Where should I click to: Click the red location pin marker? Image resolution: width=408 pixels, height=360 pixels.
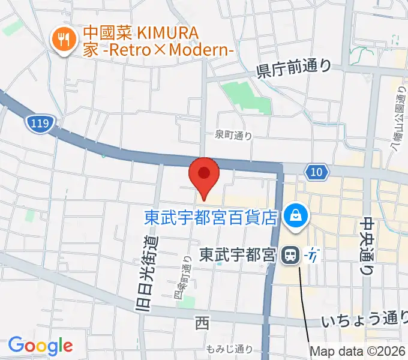pyautogui.click(x=204, y=175)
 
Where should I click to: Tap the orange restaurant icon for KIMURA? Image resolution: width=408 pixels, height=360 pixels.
pyautogui.click(x=62, y=40)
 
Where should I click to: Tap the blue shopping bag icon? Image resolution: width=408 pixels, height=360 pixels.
pyautogui.click(x=296, y=214)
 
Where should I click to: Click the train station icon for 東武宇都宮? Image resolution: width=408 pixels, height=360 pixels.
pyautogui.click(x=290, y=255)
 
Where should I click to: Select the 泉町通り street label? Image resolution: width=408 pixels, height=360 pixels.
pyautogui.click(x=234, y=136)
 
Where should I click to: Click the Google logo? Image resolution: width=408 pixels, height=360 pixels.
pyautogui.click(x=40, y=346)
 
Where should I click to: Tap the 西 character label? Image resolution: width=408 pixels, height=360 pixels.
pyautogui.click(x=202, y=325)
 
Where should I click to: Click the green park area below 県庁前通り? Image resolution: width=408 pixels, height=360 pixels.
pyautogui.click(x=244, y=96)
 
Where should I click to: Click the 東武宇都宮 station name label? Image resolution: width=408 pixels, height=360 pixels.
pyautogui.click(x=237, y=256)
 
